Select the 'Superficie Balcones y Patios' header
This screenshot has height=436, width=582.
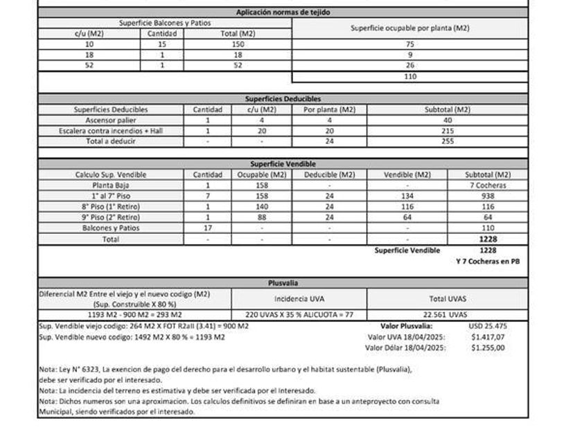click(x=165, y=23)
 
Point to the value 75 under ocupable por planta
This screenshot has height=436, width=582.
click(x=410, y=44)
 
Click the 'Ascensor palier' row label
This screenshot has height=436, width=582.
click(x=111, y=120)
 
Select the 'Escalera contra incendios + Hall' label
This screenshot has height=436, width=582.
click(x=111, y=131)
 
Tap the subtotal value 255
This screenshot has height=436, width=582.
click(x=448, y=141)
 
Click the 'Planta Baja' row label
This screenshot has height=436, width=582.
click(x=111, y=185)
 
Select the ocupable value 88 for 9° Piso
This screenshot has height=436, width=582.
click(x=261, y=217)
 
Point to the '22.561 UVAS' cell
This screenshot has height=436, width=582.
click(x=450, y=315)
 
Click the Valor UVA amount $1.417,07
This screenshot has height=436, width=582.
click(x=488, y=337)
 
